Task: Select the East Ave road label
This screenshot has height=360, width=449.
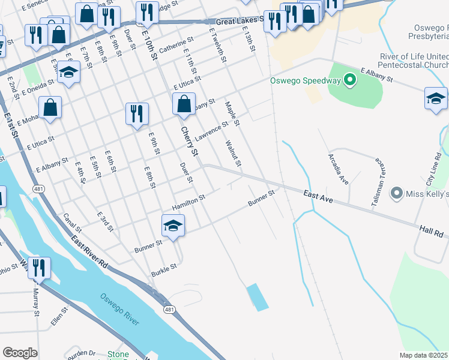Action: [318, 196]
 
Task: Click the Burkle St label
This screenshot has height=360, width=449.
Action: [164, 266]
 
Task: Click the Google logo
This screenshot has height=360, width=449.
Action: [20, 353]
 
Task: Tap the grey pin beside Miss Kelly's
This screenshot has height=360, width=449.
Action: [396, 193]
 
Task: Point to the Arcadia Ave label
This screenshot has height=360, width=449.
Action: [338, 169]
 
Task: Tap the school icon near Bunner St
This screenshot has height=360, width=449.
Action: [173, 226]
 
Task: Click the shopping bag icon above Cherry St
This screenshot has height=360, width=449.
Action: [184, 104]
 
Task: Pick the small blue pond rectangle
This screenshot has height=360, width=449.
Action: [258, 297]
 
